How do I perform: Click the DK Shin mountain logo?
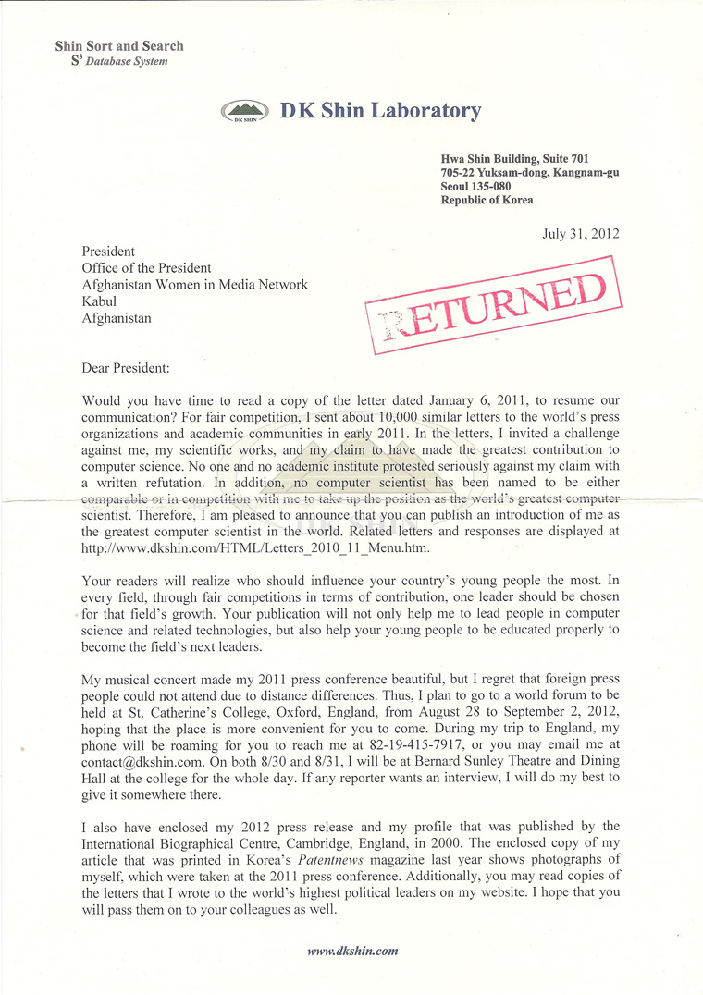(245, 112)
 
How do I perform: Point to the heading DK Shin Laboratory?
(381, 111)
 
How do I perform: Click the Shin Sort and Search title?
(119, 45)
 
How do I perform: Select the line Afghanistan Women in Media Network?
(194, 285)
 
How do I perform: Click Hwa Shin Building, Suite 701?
(514, 159)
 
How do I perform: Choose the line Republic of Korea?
(487, 200)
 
